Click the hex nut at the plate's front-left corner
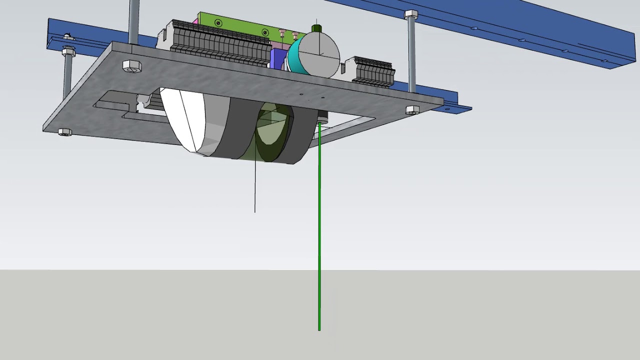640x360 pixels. pyautogui.click(x=64, y=132)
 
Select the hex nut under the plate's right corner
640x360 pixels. pyautogui.click(x=412, y=110)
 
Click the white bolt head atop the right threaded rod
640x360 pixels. pyautogui.click(x=411, y=14)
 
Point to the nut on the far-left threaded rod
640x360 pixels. pyautogui.click(x=68, y=51)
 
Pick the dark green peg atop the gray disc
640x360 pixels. pyautogui.click(x=316, y=28)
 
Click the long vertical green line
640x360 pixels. pyautogui.click(x=319, y=225)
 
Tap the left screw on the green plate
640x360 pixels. pyautogui.click(x=218, y=23)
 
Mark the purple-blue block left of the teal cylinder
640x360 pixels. pyautogui.click(x=276, y=58)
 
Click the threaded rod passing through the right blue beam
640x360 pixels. pyautogui.click(x=412, y=55)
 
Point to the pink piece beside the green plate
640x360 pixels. pyautogui.click(x=195, y=22)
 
